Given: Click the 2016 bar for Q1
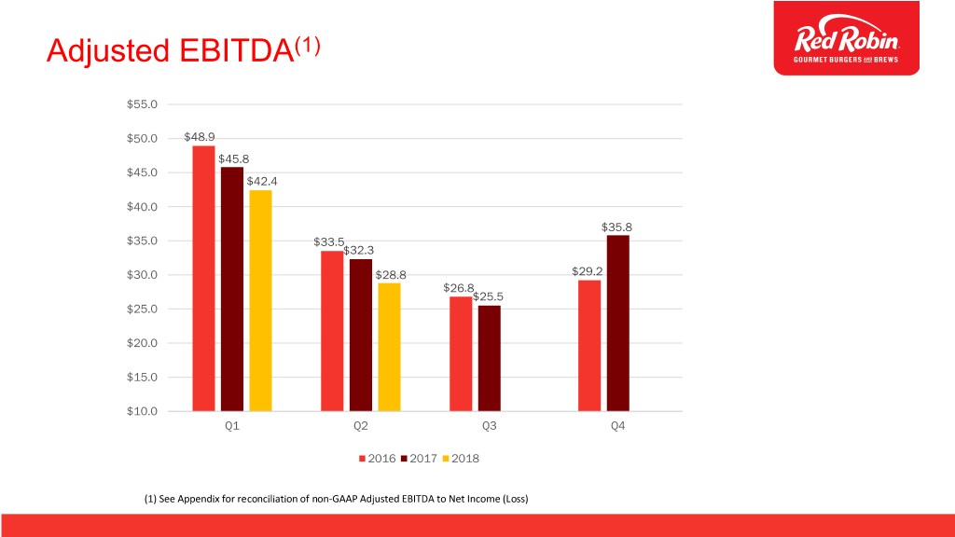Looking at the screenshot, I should (203, 278).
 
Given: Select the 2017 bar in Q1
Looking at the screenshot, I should (232, 288).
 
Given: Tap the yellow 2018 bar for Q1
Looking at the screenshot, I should (260, 300).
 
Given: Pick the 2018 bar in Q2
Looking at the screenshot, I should (389, 346).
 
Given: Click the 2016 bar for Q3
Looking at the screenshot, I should (461, 353).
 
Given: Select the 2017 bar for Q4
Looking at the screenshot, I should (617, 323).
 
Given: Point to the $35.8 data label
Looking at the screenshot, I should (617, 226).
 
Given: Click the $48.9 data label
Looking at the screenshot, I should (200, 136).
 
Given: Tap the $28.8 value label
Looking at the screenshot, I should (391, 274).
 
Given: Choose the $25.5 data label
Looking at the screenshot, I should (489, 296).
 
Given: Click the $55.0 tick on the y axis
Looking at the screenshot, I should (143, 103).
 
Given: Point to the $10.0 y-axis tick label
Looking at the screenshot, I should (143, 411).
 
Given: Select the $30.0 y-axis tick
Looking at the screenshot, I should (143, 274).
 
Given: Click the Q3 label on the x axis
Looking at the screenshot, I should (489, 426).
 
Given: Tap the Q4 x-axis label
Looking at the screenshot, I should (617, 426).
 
